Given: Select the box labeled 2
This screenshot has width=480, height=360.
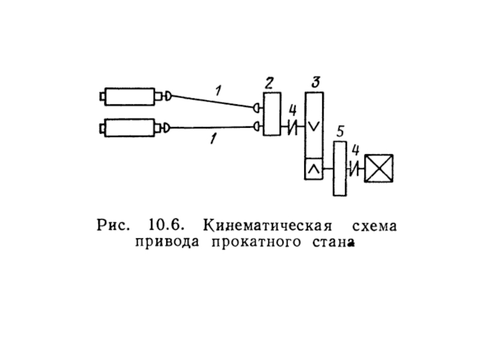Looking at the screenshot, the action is point(271,113).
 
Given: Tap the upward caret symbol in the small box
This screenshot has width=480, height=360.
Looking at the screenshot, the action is point(313,170).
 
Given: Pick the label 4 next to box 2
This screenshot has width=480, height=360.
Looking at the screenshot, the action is point(292,110).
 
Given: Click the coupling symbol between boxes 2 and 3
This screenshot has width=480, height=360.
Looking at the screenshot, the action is point(293,127).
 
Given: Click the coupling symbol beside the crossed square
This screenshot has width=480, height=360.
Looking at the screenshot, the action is point(355,169).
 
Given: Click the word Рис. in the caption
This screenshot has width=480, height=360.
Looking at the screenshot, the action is point(113,227).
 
